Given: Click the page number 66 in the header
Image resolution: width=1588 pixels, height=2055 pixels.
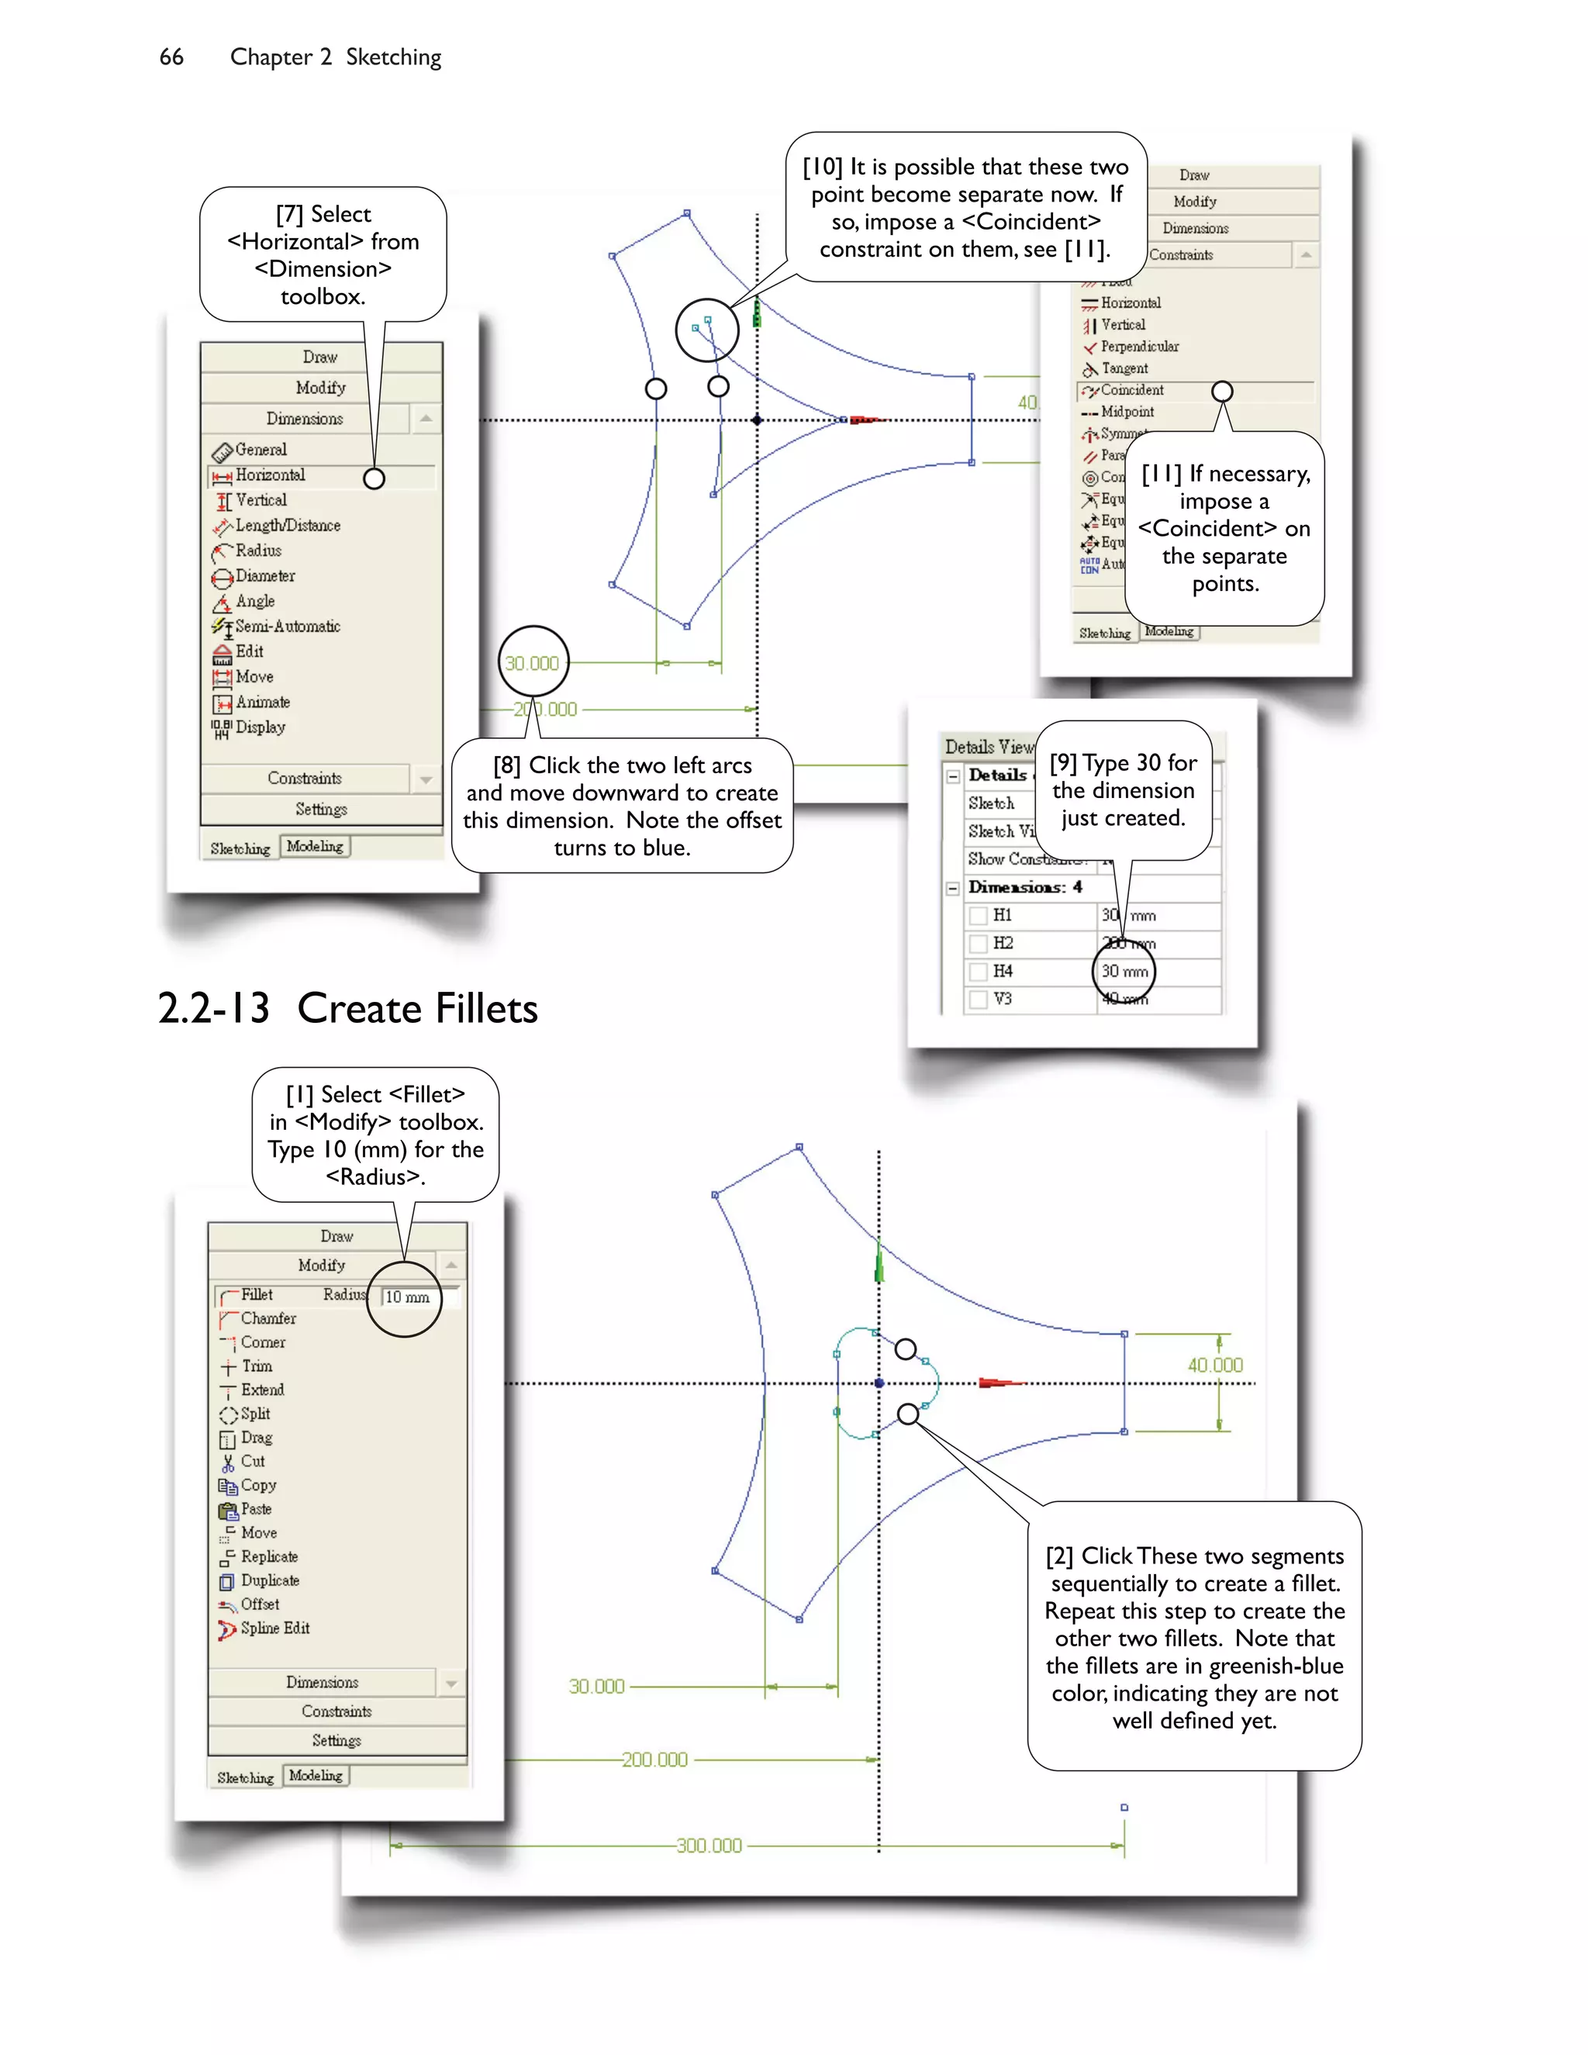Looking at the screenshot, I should click(x=171, y=57).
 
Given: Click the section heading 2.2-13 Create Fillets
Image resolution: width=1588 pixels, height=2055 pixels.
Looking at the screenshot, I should click(x=347, y=1009).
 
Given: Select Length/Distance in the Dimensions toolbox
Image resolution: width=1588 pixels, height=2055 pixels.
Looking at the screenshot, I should click(x=286, y=526).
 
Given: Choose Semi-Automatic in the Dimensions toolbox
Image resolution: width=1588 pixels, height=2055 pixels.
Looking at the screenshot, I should click(x=286, y=627).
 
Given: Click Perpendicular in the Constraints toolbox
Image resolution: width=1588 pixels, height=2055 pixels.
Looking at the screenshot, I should click(x=1138, y=347).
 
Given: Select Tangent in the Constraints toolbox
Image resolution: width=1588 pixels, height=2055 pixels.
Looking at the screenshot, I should click(x=1124, y=368).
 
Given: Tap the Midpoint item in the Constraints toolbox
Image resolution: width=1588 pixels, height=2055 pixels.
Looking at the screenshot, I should click(x=1126, y=411).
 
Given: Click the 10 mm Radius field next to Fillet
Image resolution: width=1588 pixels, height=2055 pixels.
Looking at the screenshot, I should click(x=409, y=1297).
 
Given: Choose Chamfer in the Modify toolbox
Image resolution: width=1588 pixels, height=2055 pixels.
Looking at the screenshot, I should click(x=268, y=1318).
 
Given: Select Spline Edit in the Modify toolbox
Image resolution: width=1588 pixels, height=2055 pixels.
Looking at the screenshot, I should click(x=274, y=1628).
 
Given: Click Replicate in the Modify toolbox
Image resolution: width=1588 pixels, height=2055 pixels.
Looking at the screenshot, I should click(x=268, y=1556).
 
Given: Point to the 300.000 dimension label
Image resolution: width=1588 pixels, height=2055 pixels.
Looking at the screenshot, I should click(x=709, y=1845).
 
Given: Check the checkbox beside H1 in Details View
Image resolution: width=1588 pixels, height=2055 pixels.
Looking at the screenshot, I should click(x=979, y=914).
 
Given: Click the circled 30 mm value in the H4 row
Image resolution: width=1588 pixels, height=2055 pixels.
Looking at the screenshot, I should click(x=1124, y=971).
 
